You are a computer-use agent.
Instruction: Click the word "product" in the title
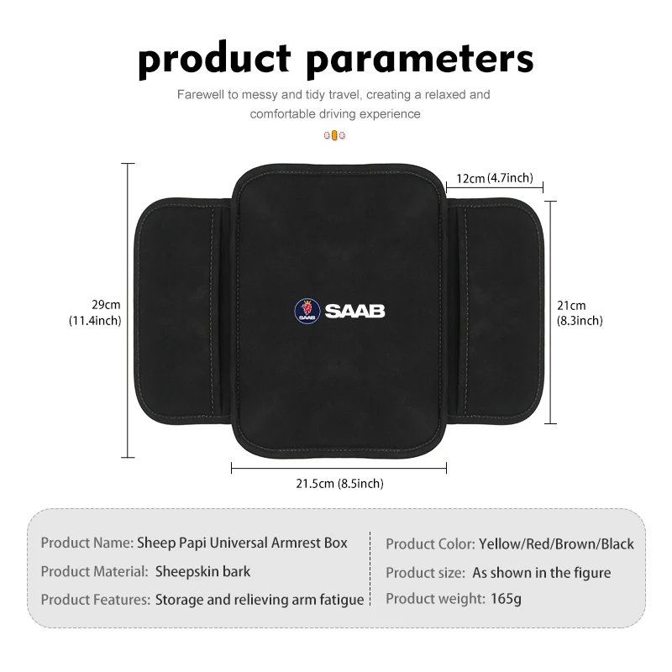[214, 60]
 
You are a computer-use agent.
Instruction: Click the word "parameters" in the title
[420, 60]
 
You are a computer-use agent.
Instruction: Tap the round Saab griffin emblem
[307, 311]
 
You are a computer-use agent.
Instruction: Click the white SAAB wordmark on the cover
[354, 311]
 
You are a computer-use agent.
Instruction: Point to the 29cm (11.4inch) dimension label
[95, 312]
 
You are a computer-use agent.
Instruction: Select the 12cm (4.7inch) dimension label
[495, 178]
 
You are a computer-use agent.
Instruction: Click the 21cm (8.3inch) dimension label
[580, 312]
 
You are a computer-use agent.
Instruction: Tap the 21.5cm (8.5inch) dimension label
[339, 484]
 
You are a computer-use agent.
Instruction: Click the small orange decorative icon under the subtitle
[334, 135]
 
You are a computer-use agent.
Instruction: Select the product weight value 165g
[506, 599]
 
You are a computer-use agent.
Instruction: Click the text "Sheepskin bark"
[202, 572]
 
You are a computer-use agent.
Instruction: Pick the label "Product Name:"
[87, 543]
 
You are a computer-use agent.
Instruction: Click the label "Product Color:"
[430, 543]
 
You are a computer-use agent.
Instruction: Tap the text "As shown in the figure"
[541, 573]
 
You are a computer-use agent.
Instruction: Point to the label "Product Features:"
[95, 600]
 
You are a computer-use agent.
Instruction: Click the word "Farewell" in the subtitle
[201, 95]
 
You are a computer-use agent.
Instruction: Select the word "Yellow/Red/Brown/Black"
[556, 543]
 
